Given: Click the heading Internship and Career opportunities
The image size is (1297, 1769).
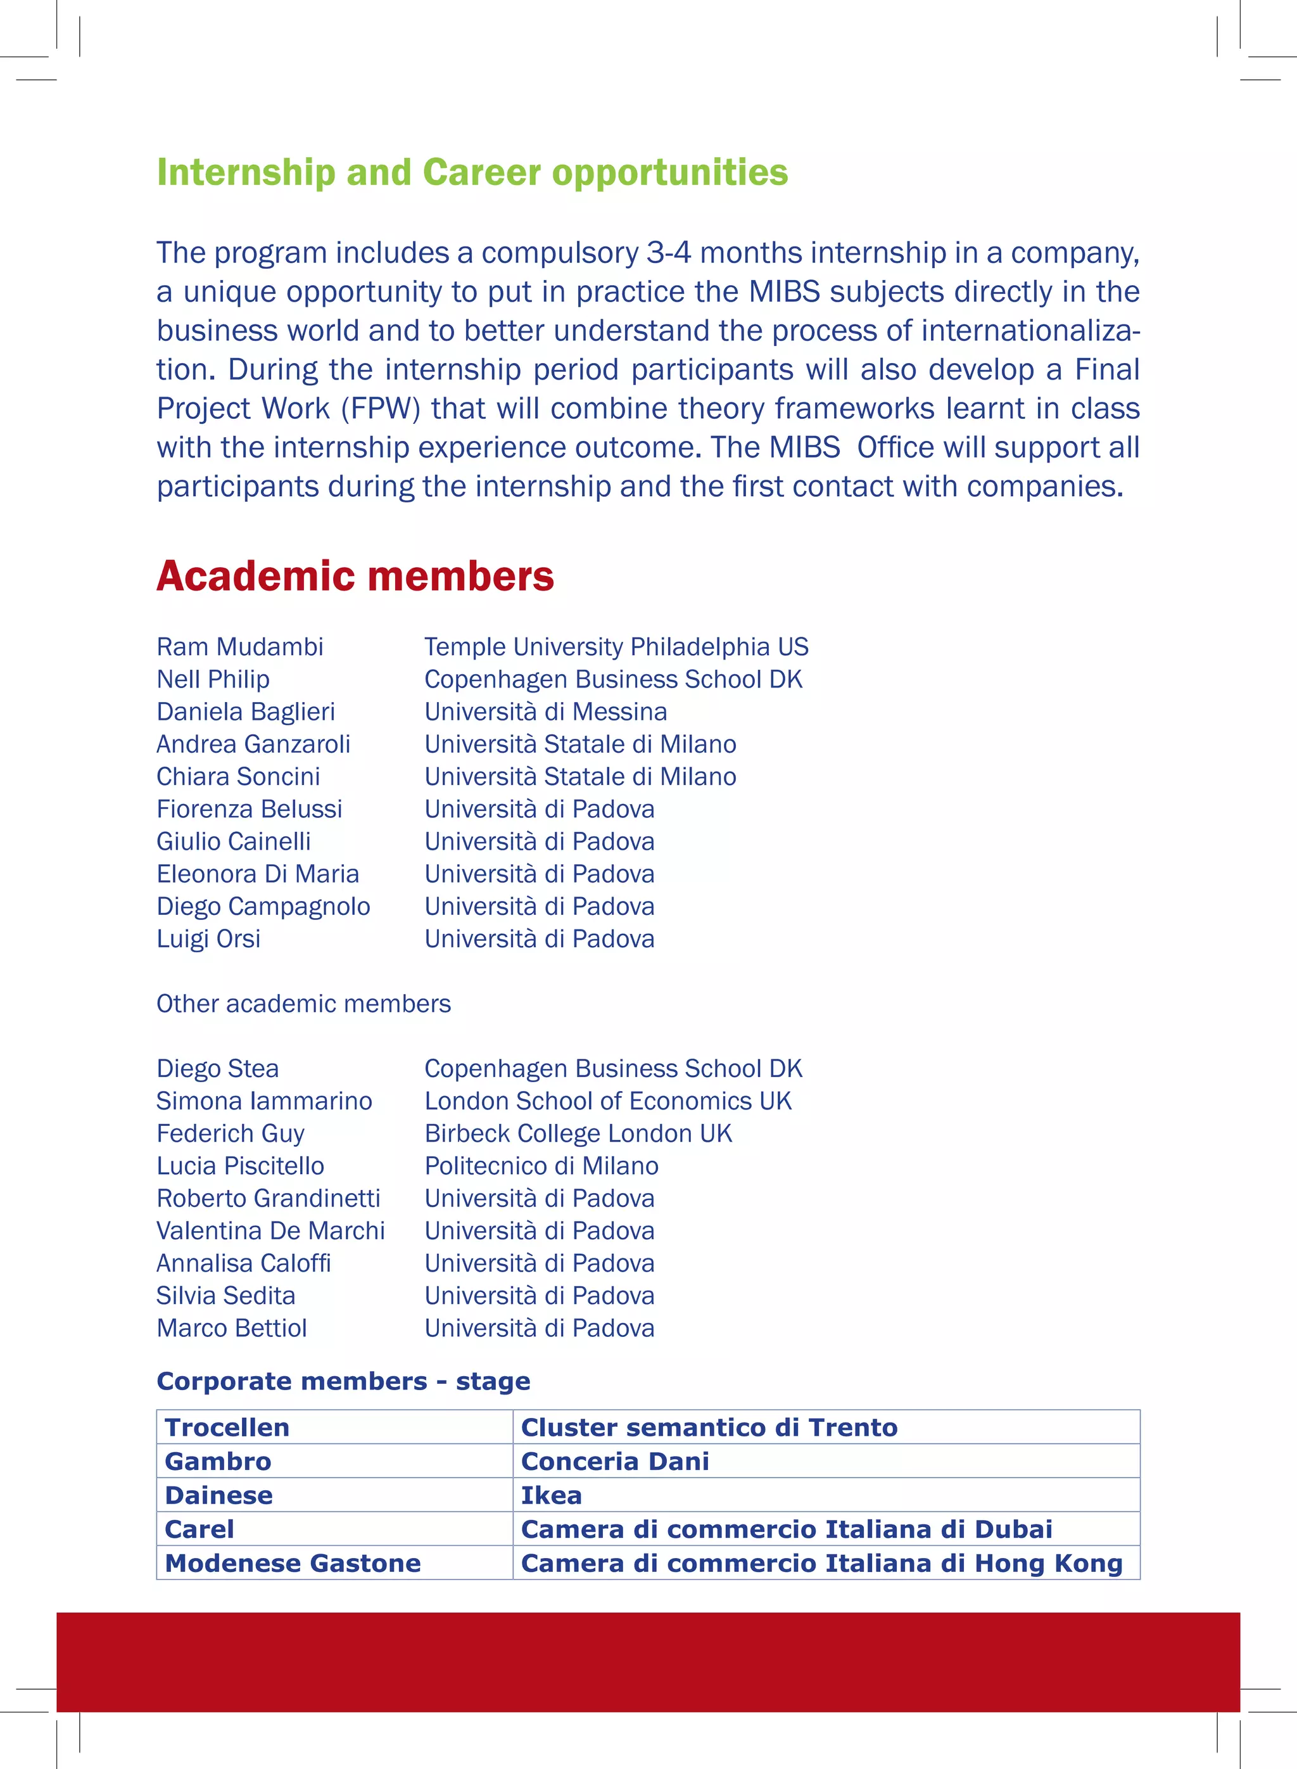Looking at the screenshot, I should pos(472,173).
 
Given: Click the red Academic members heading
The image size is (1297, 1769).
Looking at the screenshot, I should pos(355,576).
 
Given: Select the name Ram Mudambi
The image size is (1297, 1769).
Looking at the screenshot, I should pos(239,646).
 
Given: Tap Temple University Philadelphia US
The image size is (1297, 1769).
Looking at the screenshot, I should pos(616,646).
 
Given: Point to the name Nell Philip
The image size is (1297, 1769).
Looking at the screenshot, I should pos(213,679).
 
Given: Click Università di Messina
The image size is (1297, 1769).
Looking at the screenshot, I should pos(546,712).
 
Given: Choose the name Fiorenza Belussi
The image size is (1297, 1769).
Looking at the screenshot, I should pos(249,809).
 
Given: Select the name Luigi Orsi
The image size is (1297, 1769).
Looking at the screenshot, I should pos(208,939).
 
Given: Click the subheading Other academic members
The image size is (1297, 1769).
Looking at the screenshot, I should pos(303,1004).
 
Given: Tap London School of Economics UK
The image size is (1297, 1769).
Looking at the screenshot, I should pos(608,1101).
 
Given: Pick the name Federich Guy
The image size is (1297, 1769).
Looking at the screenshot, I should pos(230,1134).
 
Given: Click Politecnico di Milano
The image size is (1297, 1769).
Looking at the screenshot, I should pos(541,1166).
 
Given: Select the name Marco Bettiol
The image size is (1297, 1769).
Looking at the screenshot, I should pos(232,1328).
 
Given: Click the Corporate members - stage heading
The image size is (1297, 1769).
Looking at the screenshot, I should pos(343,1382).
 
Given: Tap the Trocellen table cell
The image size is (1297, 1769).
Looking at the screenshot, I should pos(227,1427).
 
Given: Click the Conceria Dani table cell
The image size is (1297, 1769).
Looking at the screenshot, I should pos(615,1462).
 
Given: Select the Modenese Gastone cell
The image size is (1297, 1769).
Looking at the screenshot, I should pos(292,1563).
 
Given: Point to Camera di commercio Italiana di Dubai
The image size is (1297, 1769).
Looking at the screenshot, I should pos(786,1530).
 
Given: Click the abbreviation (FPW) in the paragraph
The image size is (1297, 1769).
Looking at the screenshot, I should pos(381,409).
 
